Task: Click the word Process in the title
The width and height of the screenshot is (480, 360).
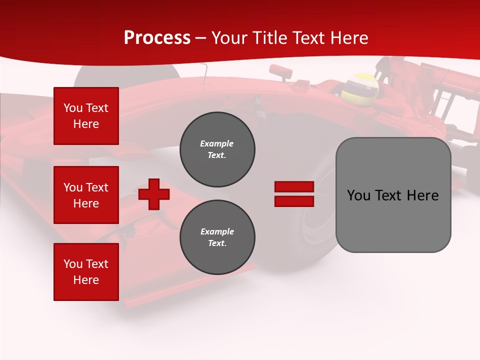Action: [x=157, y=38]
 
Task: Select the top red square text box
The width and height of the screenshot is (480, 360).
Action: [x=86, y=116]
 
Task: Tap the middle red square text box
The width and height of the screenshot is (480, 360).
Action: [x=86, y=195]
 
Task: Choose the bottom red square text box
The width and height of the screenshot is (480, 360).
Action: [x=86, y=272]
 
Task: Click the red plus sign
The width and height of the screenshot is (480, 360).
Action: [x=153, y=194]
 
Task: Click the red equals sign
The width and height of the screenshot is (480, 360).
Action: [x=294, y=194]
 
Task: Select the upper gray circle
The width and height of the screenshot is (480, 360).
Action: [x=217, y=149]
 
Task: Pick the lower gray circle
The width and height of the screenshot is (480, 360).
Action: [x=217, y=237]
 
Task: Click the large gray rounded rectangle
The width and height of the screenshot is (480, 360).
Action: [x=393, y=195]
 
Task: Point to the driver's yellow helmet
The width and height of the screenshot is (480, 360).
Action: [x=359, y=86]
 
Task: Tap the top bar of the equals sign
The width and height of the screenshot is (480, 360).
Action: [x=294, y=186]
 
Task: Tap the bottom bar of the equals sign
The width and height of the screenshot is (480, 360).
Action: [x=294, y=201]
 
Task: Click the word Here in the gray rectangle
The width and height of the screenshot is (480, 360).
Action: [x=422, y=195]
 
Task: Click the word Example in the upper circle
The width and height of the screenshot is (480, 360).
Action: [x=216, y=143]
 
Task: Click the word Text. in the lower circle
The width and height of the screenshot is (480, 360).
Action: [x=217, y=243]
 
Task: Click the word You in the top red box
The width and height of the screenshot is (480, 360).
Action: [x=73, y=108]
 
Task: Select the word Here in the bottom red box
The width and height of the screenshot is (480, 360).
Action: [x=86, y=280]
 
